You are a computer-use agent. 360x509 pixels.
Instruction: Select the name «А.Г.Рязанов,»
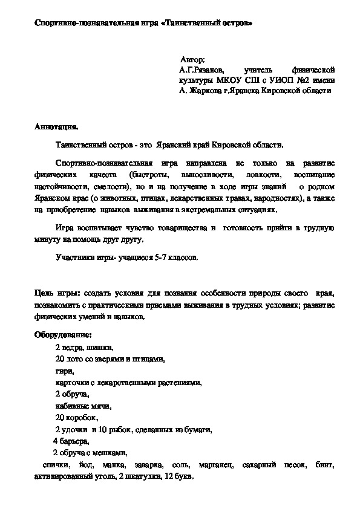click(x=201, y=70)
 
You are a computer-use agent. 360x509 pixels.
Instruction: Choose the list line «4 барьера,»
click(x=71, y=441)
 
